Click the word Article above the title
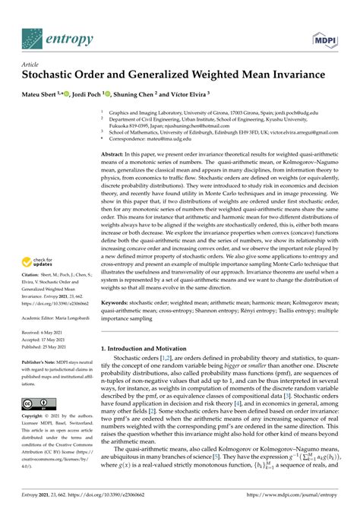pyautogui.click(x=31, y=65)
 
